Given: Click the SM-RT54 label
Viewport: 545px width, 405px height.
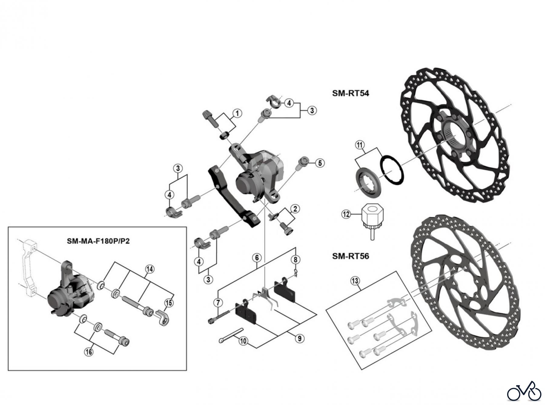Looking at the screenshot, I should (350, 93).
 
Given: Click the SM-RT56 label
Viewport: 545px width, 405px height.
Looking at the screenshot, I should (350, 256).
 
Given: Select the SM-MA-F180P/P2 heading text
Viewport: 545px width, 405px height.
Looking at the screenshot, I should (98, 241).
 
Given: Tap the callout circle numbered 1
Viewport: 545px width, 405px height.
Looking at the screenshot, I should (237, 113).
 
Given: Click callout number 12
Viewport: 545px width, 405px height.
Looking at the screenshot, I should (346, 214).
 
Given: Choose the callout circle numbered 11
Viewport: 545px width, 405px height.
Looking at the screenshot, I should (360, 145).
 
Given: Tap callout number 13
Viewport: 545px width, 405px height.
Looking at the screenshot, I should (355, 281).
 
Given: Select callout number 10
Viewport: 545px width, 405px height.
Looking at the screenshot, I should (243, 341).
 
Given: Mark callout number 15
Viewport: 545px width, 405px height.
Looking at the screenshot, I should (169, 303).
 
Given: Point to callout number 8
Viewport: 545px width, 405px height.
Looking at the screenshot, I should (296, 259).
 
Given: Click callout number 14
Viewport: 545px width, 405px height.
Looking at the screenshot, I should (150, 269).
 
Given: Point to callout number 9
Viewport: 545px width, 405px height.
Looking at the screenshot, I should (299, 338).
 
